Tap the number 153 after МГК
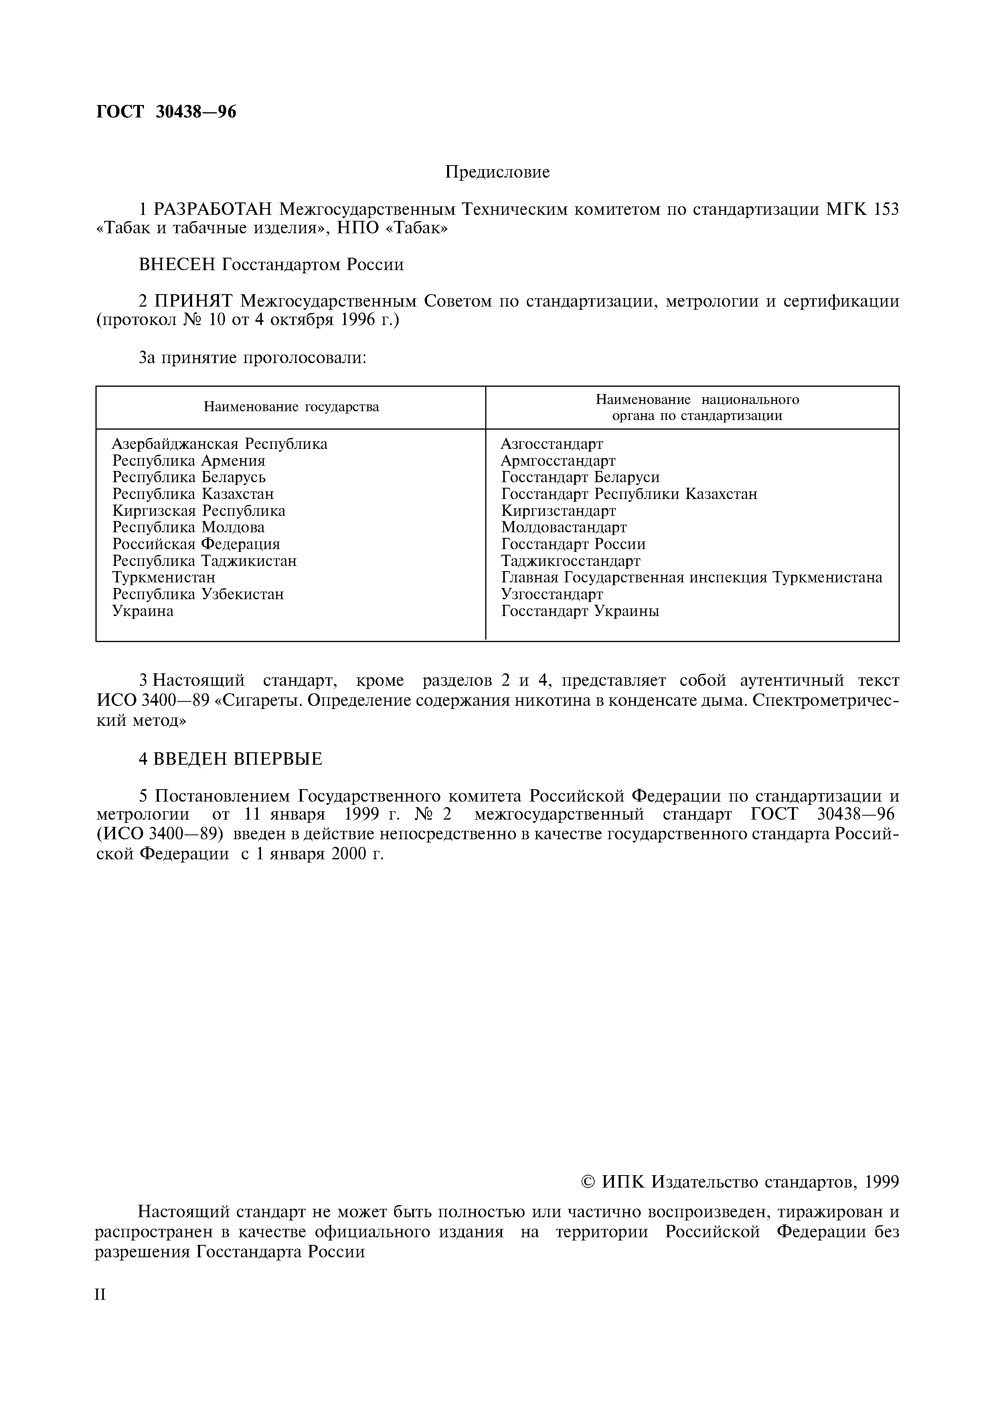[886, 210]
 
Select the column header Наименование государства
[291, 407]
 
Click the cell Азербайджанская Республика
[219, 444]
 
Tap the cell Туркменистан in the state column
[164, 578]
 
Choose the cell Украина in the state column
[143, 611]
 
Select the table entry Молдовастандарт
[563, 527]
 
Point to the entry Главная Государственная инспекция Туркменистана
[691, 578]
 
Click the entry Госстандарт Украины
[580, 611]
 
